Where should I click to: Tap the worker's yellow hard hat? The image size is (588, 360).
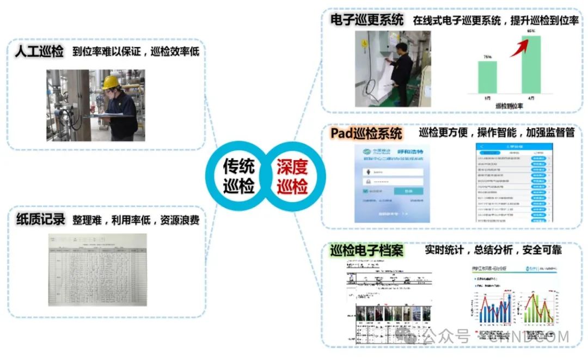pyautogui.click(x=111, y=82)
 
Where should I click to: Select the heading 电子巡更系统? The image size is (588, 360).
pyautogui.click(x=367, y=21)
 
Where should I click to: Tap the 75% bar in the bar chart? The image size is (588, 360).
pyautogui.click(x=487, y=77)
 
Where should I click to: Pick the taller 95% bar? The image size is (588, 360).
pyautogui.click(x=531, y=64)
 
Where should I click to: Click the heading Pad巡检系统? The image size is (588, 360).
pyautogui.click(x=366, y=133)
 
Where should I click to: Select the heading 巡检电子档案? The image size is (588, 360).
pyautogui.click(x=367, y=251)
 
